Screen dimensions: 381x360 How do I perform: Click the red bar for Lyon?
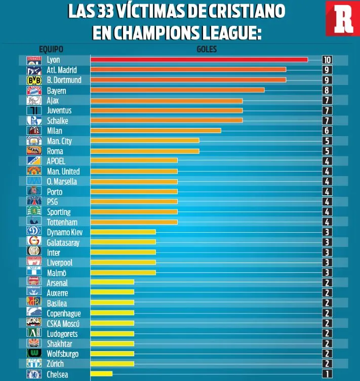point(199,60)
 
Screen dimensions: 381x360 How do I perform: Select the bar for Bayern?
point(177,90)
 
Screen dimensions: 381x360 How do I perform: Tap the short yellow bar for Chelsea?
point(101,374)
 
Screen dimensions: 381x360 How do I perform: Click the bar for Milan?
point(155,131)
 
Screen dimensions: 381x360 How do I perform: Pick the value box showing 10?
point(327,60)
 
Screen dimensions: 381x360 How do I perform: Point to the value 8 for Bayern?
point(327,90)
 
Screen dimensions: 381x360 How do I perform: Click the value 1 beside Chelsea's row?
point(327,374)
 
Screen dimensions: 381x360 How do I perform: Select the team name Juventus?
point(59,110)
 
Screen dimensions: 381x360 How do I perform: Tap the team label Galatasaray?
point(63,242)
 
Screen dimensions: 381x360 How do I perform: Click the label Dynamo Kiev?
point(64,232)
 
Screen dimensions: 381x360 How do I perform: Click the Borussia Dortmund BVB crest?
point(33,80)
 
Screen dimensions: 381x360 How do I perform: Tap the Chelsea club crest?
point(33,374)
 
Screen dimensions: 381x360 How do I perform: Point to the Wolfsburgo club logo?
point(33,354)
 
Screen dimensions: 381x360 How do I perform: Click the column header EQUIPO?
point(51,49)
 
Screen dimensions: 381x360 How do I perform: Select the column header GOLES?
point(206,49)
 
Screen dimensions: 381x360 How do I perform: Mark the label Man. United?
point(63,171)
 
